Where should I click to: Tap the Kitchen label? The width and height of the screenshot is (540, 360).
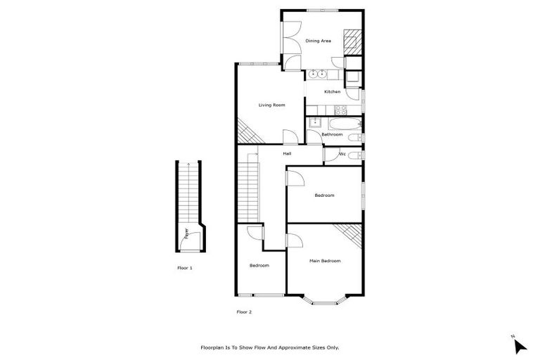click(x=332, y=91)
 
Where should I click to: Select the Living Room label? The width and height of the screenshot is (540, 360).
click(x=271, y=105)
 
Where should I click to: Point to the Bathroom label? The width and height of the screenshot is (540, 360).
click(x=332, y=134)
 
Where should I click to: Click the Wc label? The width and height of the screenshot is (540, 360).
click(x=342, y=153)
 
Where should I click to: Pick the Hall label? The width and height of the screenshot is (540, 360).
click(x=287, y=153)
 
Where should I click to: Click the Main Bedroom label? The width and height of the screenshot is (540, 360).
click(x=325, y=261)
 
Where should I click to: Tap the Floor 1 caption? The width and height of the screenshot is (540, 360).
click(x=184, y=268)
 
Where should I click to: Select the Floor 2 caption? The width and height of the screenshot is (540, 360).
click(x=243, y=311)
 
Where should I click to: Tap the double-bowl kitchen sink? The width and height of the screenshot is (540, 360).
click(x=318, y=73)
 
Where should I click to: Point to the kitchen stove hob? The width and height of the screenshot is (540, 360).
click(x=340, y=109)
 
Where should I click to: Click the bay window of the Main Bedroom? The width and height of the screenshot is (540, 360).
click(x=324, y=300)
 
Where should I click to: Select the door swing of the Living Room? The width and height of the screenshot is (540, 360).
click(x=289, y=137)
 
